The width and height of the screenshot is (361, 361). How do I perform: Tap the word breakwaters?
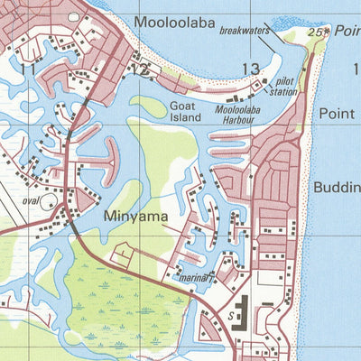click(x=244, y=30)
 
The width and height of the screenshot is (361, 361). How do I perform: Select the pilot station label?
click(x=282, y=86)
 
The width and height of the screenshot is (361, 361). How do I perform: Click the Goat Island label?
click(x=185, y=111)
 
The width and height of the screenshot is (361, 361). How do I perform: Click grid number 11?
click(x=29, y=69)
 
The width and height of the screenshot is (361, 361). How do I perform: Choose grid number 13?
click(x=250, y=69)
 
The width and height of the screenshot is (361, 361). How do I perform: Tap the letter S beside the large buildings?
click(x=231, y=317)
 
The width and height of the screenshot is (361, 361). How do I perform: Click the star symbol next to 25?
click(x=328, y=30)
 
